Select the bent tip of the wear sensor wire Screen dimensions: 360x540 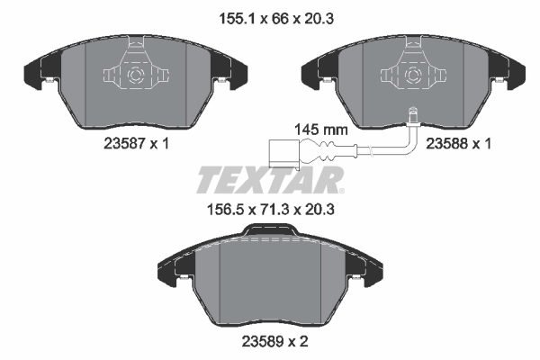tap(410, 112)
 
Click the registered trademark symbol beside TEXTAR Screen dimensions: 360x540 tap(341, 191)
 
